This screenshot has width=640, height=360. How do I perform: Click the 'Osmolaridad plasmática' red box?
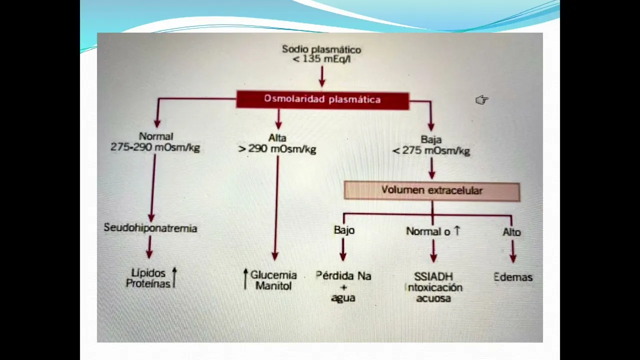click(x=322, y=99)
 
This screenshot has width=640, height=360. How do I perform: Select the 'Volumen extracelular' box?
click(x=432, y=190)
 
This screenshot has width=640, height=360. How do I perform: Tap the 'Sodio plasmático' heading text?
click(x=321, y=49)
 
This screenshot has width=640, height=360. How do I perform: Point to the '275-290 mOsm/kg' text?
click(x=155, y=147)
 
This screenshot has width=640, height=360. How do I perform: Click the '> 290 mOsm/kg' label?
click(x=277, y=149)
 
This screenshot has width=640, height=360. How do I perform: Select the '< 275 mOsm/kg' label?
click(x=431, y=150)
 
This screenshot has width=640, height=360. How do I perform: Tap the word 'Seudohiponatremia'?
click(x=150, y=228)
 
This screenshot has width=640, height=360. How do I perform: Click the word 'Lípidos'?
click(x=148, y=273)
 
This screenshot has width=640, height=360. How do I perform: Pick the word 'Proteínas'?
click(x=148, y=283)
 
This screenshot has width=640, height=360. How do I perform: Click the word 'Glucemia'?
click(x=273, y=275)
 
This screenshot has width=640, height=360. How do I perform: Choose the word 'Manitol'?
click(x=273, y=286)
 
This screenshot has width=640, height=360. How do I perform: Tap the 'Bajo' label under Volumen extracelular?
click(x=344, y=230)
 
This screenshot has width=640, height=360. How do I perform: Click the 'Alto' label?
click(x=511, y=232)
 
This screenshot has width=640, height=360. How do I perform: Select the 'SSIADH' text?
click(x=433, y=276)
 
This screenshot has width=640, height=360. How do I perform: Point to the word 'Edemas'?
click(x=512, y=277)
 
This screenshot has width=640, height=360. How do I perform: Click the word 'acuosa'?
click(x=433, y=298)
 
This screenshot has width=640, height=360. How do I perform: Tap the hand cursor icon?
click(x=481, y=100)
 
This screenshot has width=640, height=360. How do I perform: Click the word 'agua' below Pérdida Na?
click(x=343, y=298)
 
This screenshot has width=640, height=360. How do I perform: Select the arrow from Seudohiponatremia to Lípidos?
click(x=149, y=247)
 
